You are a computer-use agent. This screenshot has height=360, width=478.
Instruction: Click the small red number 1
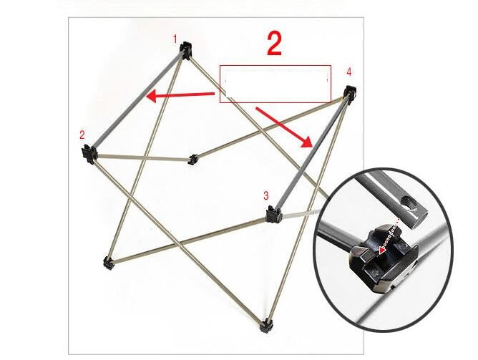pos(176,39)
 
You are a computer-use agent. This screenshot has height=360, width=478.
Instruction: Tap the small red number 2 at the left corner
pos(82,135)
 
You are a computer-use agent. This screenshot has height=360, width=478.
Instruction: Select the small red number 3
pos(265,195)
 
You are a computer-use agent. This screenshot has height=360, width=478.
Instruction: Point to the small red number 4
pos(348,72)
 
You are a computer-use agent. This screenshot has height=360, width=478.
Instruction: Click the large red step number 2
pos(274,44)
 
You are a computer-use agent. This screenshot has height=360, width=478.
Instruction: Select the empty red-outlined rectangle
pos(275,84)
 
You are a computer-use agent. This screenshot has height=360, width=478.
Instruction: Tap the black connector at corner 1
pos(187,50)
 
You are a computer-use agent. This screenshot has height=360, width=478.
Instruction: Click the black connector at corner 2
pos(89,152)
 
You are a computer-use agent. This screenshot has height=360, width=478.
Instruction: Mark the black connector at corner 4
pos(350,93)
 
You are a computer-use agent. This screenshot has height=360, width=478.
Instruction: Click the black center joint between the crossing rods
pos(192,159)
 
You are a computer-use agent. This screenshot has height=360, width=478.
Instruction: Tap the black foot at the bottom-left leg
pos(108,263)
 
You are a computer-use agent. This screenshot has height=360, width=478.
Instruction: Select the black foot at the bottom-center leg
pos(267,326)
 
